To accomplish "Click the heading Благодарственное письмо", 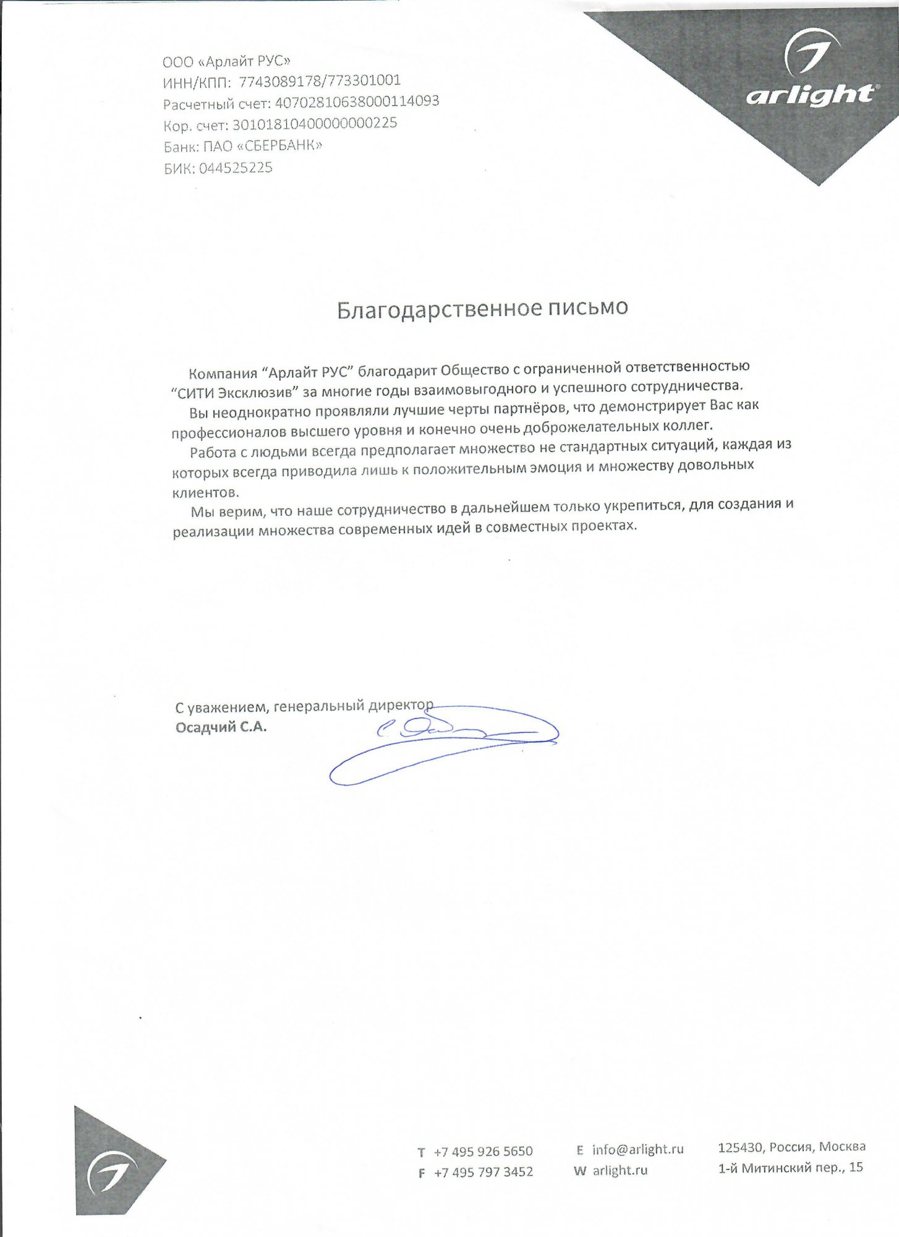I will pos(482,308).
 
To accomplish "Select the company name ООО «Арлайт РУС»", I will pos(226,61).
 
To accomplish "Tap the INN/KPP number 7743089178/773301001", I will pos(319,81).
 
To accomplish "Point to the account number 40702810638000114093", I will pos(356,101).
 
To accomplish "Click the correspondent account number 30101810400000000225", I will pos(314,124).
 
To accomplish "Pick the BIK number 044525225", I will pos(236,168).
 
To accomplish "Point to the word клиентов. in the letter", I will pos(204,493).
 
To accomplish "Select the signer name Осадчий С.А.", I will pos(221,727).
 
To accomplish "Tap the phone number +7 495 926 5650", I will pos(483,1151).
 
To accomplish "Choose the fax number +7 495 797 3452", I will pos(483,1172).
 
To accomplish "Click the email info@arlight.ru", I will pos(637,1150).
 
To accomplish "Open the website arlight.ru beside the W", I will pos(620,1170).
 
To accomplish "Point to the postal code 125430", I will pos(739,1147).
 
